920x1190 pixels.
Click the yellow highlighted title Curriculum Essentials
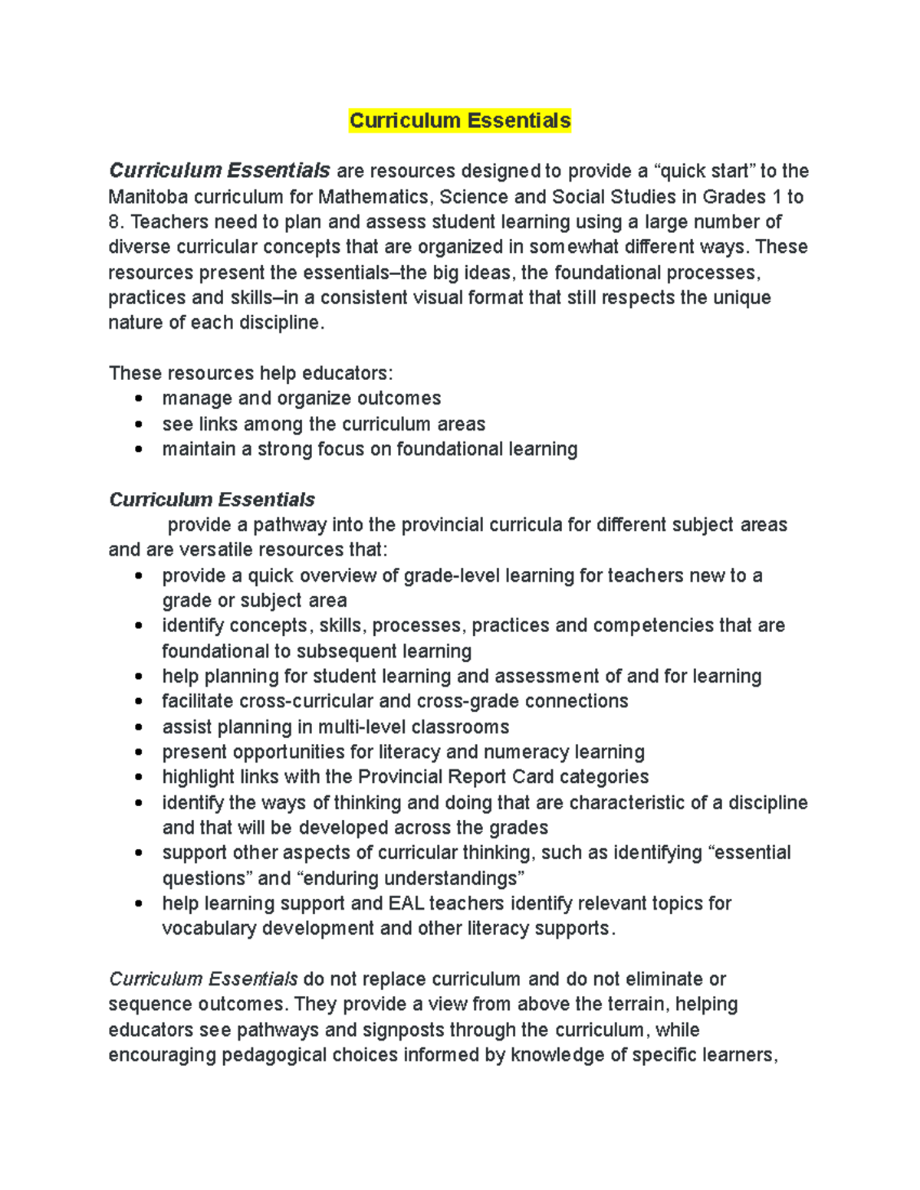coord(460,121)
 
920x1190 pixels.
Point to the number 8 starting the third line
coord(113,222)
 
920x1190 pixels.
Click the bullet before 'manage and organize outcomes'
coord(138,398)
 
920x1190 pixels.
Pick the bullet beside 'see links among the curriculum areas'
coord(138,424)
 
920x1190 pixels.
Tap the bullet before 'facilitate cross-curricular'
coord(138,701)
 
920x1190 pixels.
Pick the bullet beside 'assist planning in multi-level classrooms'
coord(138,726)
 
